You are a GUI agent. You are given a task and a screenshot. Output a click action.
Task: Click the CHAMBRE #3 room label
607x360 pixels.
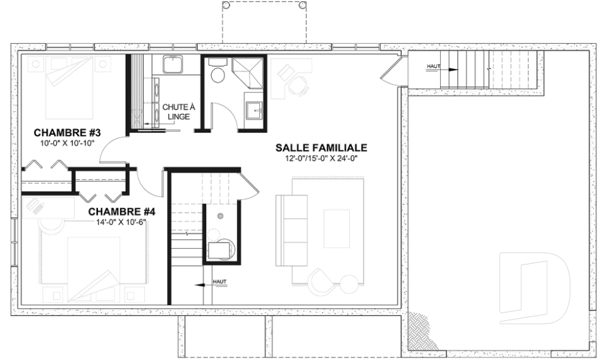tap(68, 133)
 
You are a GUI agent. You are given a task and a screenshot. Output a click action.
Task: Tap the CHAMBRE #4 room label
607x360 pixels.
tap(121, 212)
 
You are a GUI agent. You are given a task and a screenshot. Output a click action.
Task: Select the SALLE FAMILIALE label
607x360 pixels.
tap(321, 147)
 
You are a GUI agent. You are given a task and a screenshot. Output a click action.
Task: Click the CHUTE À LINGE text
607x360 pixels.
tap(178, 111)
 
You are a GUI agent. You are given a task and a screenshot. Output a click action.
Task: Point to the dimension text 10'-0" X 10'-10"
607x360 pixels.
tap(68, 143)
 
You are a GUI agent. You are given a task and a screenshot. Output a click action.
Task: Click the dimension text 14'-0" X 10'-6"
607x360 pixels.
tap(121, 222)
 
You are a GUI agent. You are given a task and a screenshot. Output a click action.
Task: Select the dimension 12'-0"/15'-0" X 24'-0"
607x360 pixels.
tap(321, 158)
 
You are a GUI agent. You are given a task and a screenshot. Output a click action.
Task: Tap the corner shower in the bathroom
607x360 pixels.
tap(248, 73)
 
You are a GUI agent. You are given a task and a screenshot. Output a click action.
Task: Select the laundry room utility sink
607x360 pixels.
tap(173, 65)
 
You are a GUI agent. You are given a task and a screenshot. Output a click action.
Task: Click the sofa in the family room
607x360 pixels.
tap(291, 230)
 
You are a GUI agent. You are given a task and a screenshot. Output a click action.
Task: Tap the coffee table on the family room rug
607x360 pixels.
tap(336, 228)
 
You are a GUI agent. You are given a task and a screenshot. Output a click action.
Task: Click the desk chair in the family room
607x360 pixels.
tap(298, 85)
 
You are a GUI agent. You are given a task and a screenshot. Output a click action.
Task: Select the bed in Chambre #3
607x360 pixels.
tap(70, 88)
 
